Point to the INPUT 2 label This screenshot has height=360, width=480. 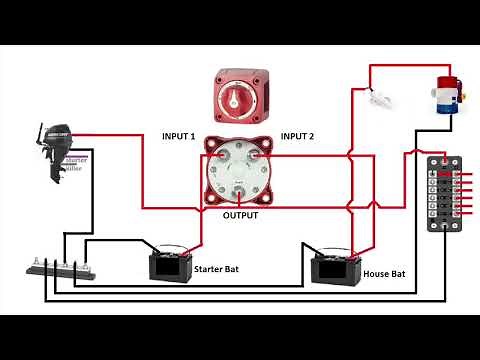coord(298,136)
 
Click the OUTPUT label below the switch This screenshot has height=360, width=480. coord(240,215)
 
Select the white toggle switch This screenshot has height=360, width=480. coord(377,98)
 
